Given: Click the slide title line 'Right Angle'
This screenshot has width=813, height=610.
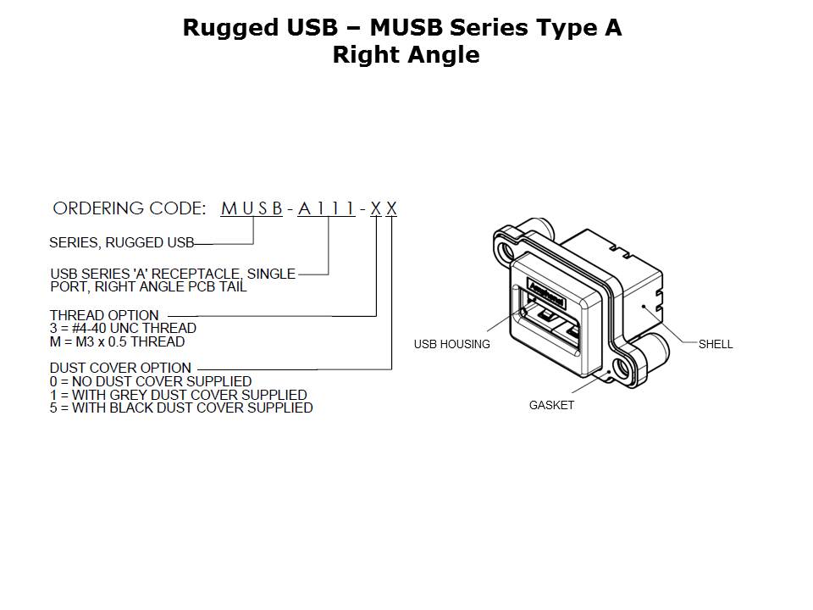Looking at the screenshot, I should tap(406, 55).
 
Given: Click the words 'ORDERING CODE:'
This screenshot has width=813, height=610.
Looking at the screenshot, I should tap(129, 208).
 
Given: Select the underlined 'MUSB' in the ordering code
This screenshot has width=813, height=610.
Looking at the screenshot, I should tap(252, 208).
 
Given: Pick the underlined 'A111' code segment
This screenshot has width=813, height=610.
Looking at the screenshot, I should tap(326, 208).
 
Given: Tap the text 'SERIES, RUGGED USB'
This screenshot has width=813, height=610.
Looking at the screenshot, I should tap(121, 242).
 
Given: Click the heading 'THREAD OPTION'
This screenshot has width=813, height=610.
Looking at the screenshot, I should tap(104, 316).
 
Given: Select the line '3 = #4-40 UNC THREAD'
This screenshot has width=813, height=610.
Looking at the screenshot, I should tap(123, 329).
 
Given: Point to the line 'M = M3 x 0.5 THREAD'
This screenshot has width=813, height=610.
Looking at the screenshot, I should tap(117, 341).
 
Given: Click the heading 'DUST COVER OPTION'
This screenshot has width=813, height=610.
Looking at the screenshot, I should tap(120, 369).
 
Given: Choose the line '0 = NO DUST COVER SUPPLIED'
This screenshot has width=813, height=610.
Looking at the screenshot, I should tap(151, 381).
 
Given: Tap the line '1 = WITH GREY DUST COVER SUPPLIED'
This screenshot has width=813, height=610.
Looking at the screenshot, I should tap(178, 395).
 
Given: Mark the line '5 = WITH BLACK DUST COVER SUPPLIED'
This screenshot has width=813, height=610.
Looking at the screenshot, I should tap(181, 408).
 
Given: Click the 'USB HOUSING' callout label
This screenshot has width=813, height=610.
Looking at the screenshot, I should tap(451, 344).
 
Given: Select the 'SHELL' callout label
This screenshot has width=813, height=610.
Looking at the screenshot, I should tap(716, 344).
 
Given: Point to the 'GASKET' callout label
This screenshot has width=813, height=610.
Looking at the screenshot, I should tap(551, 405).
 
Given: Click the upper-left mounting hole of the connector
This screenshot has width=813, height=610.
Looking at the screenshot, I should tap(508, 252).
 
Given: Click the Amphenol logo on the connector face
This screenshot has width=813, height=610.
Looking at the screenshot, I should tap(547, 295).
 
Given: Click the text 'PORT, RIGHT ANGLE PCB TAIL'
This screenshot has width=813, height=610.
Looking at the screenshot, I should tap(148, 287).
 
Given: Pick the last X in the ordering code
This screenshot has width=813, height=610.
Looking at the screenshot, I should tap(391, 208).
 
